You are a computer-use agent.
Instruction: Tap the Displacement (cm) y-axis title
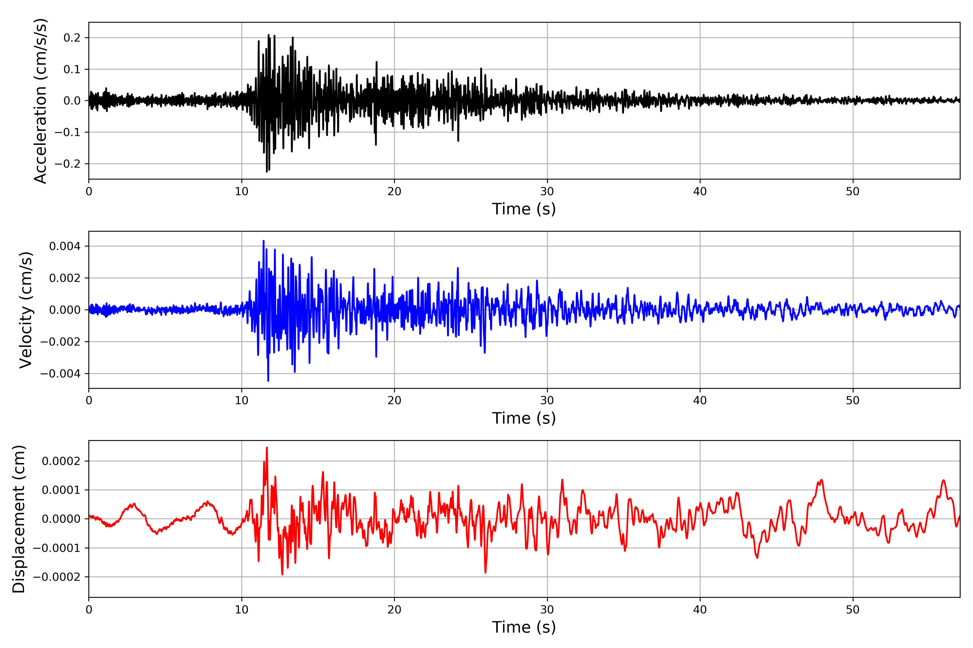(x=19, y=519)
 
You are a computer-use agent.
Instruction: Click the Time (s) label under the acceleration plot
(x=524, y=209)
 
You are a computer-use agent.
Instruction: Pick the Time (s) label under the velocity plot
(x=524, y=418)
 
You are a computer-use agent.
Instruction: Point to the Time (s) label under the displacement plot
(x=524, y=627)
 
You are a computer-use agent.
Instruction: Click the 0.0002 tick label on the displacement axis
(x=61, y=461)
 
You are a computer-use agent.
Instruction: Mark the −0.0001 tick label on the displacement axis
(x=57, y=548)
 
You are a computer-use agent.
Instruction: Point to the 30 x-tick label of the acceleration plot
(x=547, y=192)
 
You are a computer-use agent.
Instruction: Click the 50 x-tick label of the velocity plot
(x=853, y=400)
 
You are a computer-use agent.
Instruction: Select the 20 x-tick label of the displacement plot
(x=394, y=610)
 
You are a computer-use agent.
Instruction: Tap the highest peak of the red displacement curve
(x=267, y=448)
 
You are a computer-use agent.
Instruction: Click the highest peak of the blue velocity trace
(x=264, y=241)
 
